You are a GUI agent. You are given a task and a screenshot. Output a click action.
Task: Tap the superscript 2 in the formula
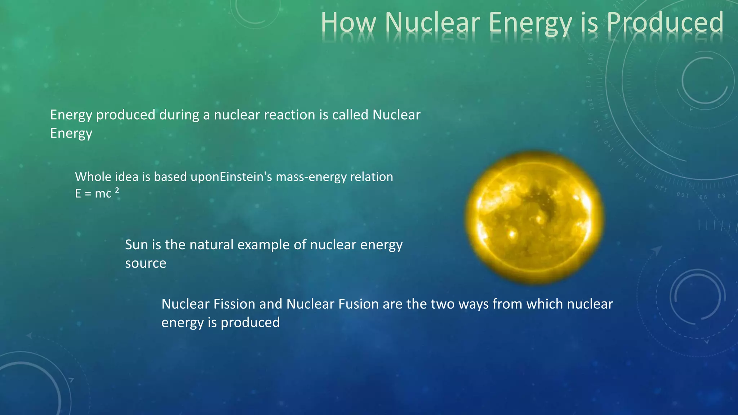tap(117, 190)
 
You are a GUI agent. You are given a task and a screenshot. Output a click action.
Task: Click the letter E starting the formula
tap(78, 194)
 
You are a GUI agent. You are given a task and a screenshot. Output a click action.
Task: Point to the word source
tap(146, 263)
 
